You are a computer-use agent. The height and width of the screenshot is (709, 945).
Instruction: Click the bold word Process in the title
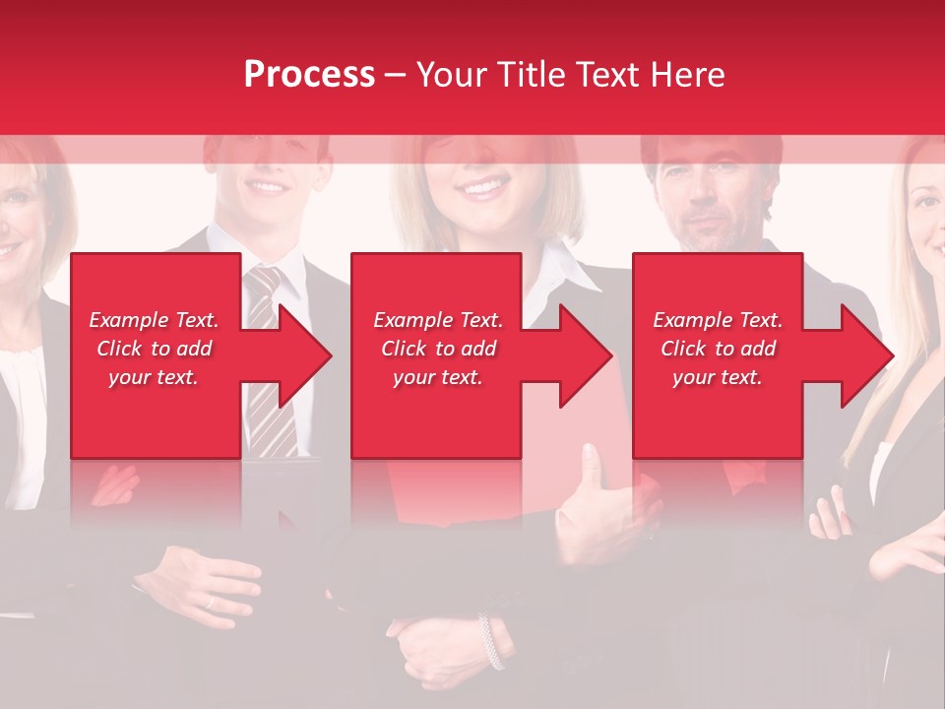coord(309,75)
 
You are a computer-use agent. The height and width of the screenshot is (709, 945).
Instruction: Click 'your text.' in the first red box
coord(154,377)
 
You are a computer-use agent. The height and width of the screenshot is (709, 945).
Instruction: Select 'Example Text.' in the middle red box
coord(438,320)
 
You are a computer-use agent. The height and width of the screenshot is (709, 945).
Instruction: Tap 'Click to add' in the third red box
coord(718,349)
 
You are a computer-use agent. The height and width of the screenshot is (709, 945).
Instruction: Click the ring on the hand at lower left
coord(209,601)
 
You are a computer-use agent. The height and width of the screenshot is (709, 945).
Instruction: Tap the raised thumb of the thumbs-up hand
coord(590,463)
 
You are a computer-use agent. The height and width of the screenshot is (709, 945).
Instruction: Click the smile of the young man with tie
coord(268,185)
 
